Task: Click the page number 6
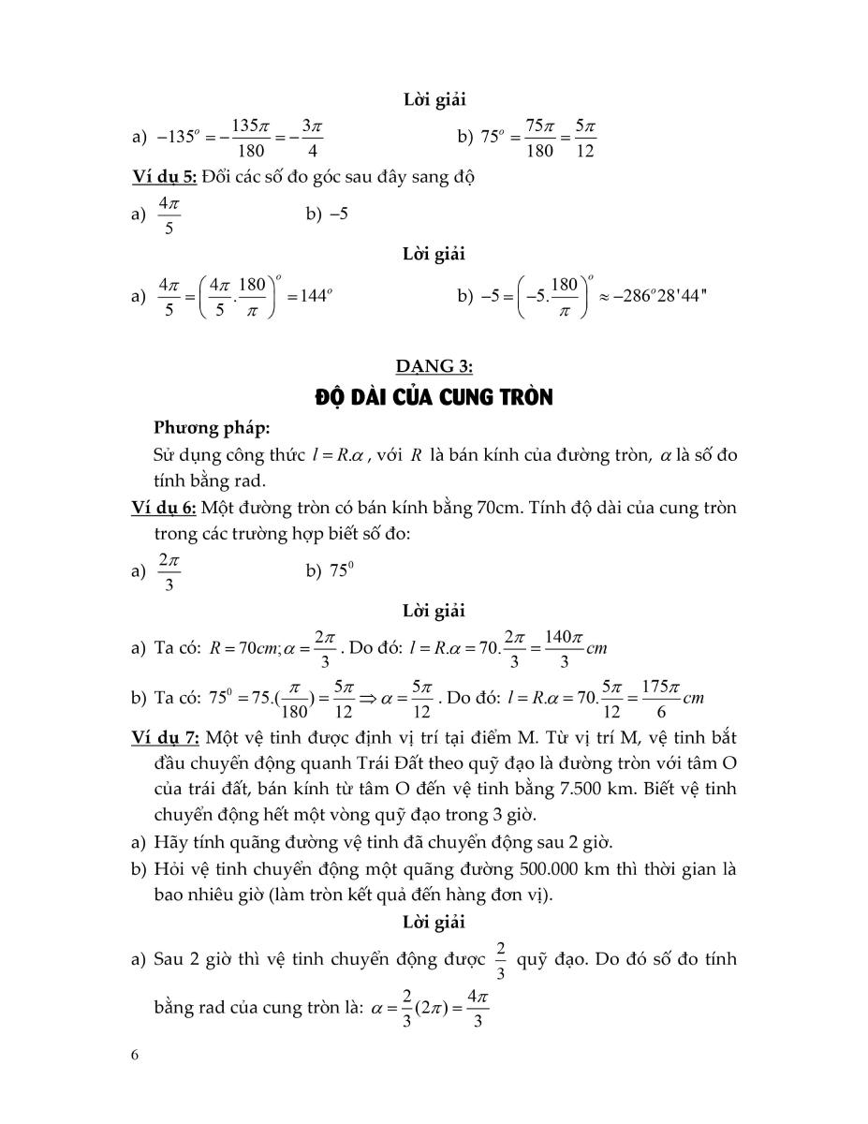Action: click(136, 1055)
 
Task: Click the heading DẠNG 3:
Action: click(434, 368)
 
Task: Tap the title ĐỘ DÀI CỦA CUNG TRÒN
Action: click(434, 398)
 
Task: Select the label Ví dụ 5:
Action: click(164, 178)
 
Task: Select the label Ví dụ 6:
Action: click(164, 509)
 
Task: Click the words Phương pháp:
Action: click(211, 428)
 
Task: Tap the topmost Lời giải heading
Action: click(434, 99)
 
